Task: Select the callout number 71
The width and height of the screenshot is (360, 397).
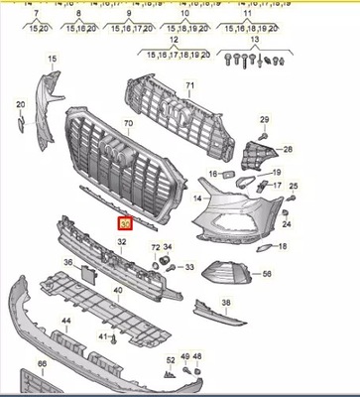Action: coord(187,86)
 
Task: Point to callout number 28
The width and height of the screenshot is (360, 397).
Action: coord(288,150)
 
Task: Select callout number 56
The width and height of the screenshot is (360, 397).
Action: coord(267,271)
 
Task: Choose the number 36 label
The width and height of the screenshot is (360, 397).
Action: coord(68,262)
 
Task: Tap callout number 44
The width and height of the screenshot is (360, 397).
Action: coord(65,323)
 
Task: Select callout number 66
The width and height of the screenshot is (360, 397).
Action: coord(42,364)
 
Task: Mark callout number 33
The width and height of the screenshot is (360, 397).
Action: coord(189,266)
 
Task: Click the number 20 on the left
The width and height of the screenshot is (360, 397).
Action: coord(21,103)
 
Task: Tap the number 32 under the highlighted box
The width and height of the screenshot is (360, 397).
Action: coord(122,241)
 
